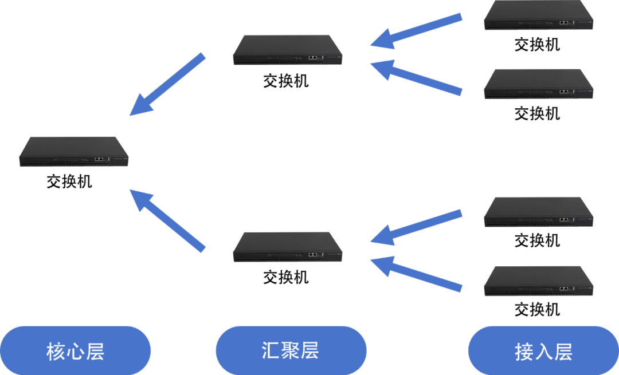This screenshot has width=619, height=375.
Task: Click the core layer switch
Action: point(73,152)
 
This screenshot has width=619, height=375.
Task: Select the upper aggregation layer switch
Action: point(288,50)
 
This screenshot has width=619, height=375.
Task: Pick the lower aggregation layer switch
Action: point(288,247)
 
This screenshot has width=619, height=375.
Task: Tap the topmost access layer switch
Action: point(538,15)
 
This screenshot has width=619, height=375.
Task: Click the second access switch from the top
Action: point(538,84)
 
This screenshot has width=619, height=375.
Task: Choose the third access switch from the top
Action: point(538,212)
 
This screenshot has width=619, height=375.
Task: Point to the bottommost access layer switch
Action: point(538,281)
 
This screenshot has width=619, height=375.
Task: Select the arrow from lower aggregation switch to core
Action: point(167,220)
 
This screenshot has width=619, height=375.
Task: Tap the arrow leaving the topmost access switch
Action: point(416,32)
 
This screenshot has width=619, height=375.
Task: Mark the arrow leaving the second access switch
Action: point(416,77)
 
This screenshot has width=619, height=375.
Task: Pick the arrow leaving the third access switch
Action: point(416,228)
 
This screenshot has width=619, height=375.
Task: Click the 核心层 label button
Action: point(75,350)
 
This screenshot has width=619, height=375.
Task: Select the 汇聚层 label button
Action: point(291,350)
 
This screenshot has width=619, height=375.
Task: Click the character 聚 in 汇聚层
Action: point(290,350)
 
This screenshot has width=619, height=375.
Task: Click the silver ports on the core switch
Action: point(99,159)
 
